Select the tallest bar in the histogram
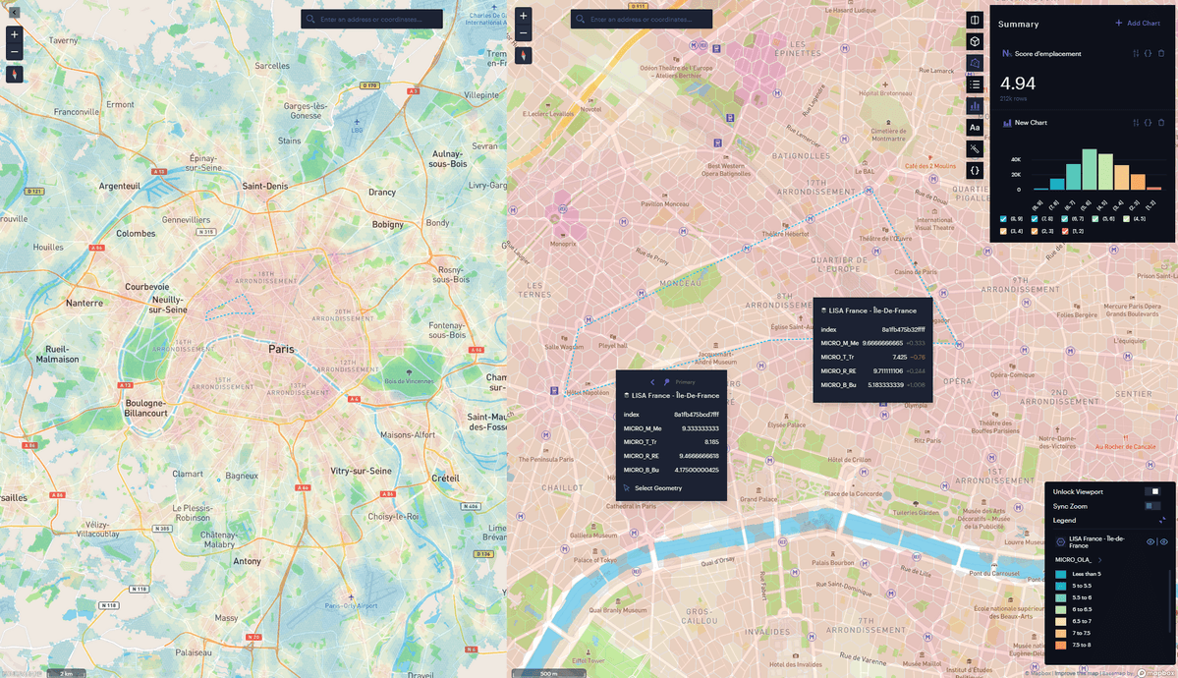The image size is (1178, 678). click(1089, 169)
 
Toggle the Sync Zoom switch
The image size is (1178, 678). click(1152, 505)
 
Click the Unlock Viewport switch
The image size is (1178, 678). click(1152, 491)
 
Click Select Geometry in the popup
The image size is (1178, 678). click(656, 487)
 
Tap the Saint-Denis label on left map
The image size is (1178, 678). click(264, 186)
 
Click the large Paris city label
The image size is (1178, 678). click(282, 349)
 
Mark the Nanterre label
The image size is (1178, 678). click(90, 304)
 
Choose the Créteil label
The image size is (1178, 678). click(445, 478)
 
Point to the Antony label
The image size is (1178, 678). click(247, 561)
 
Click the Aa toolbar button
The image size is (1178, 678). click(975, 127)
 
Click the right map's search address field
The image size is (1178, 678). click(645, 19)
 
